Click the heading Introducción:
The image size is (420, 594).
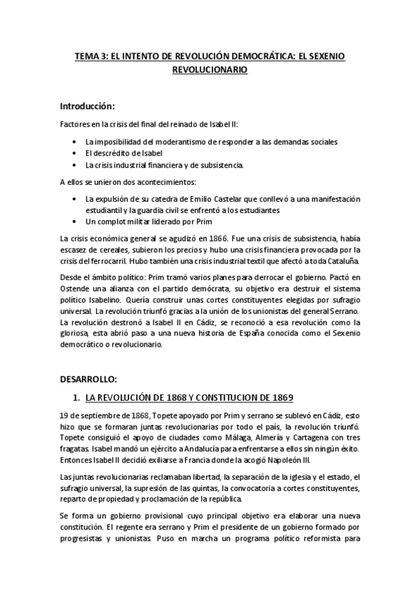coord(87,106)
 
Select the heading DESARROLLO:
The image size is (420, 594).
coord(88,379)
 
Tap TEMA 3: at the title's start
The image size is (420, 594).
coord(88,55)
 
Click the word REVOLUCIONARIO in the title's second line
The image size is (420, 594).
coord(210,70)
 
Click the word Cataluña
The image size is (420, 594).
coord(341,261)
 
